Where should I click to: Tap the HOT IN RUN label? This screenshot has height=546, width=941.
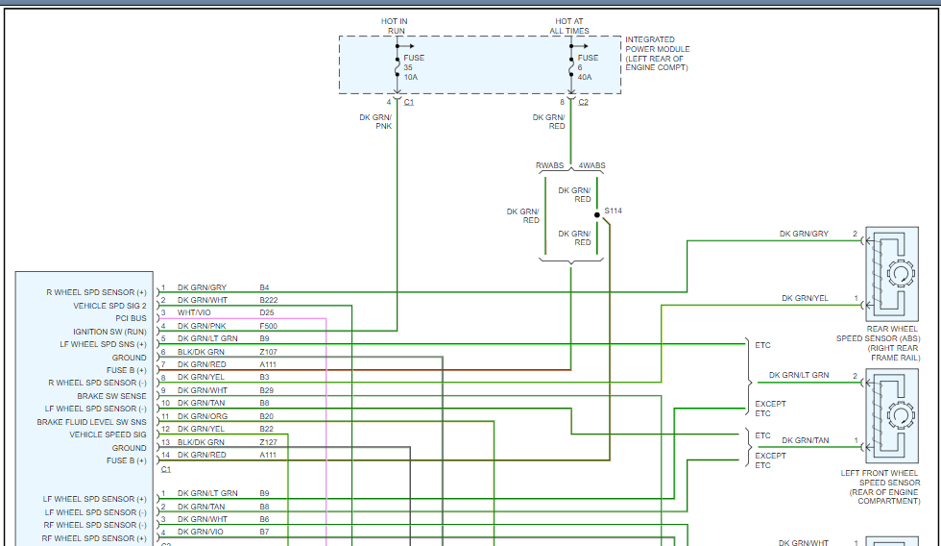[395, 26]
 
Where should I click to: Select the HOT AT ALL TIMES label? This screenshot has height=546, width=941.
[569, 26]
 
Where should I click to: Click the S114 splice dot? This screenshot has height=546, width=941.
[596, 215]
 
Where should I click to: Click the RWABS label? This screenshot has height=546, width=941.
[549, 165]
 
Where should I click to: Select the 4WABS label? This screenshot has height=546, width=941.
[592, 165]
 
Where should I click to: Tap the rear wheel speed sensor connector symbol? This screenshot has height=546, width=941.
[899, 274]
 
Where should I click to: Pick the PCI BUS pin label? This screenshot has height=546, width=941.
[131, 318]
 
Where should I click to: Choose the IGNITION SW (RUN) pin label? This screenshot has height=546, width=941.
[109, 332]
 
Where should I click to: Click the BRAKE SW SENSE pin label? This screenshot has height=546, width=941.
[111, 396]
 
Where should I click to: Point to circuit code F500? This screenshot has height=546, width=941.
[269, 326]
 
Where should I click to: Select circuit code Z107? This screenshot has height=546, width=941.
[268, 352]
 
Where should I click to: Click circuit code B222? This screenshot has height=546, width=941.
[268, 300]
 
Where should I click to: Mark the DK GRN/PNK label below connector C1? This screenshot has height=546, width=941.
[375, 121]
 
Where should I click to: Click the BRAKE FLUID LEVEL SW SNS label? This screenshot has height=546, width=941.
[92, 422]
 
